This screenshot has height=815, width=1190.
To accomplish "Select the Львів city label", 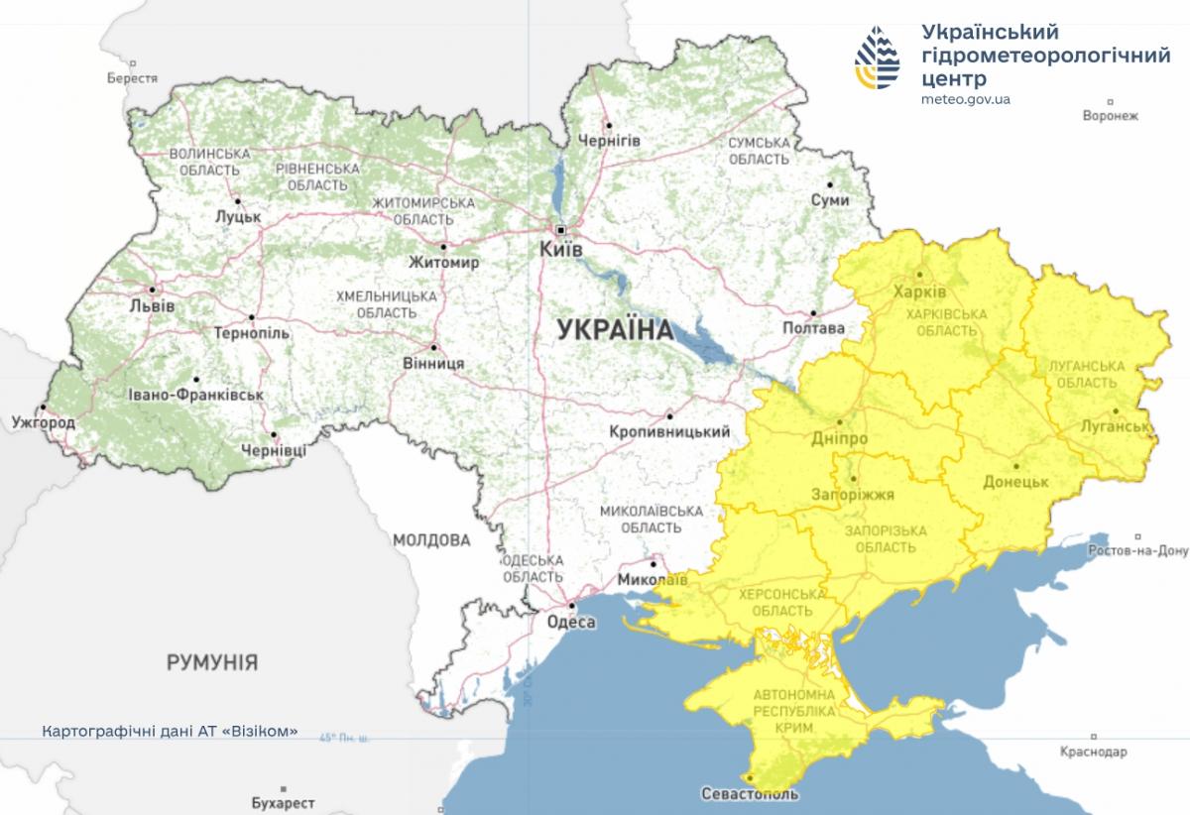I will (151, 306).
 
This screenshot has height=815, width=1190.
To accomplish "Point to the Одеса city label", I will (571, 622).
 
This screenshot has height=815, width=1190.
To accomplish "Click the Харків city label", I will (919, 292).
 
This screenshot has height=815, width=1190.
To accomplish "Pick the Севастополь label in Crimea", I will (750, 794).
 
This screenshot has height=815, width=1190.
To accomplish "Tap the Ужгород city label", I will (43, 422).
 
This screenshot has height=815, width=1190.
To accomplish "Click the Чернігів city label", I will (609, 141).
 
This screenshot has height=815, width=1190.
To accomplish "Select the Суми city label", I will (829, 199).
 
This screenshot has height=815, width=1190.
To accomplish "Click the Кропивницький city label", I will (669, 431).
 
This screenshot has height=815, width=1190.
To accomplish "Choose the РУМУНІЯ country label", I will (212, 661).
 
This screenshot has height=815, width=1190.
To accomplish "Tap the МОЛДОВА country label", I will (431, 540).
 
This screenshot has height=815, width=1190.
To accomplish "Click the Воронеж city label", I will (1111, 115).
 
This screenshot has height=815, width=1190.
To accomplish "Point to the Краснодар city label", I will (1094, 753).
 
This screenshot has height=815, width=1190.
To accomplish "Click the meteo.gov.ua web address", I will (966, 99).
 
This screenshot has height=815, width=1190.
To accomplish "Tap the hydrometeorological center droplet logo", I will (879, 58).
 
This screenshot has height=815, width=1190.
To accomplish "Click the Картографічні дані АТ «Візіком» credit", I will (170, 732).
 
